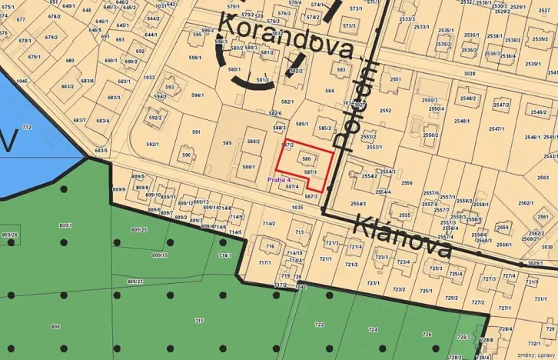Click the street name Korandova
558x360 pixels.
pyautogui.click(x=286, y=35)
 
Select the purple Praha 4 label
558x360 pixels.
pyautogui.click(x=278, y=179)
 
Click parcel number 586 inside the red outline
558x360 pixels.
pyautogui.click(x=306, y=158)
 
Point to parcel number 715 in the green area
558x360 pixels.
pyautogui.click(x=199, y=320)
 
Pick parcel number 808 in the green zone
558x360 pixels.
pyautogui.click(x=55, y=327)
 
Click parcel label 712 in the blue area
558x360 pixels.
pyautogui.click(x=27, y=127)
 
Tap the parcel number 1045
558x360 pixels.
pyautogui.click(x=22, y=81)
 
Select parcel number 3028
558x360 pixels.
pyautogui.click(x=469, y=74)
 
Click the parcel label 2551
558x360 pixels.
pyautogui.click(x=395, y=79)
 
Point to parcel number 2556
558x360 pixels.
pyautogui.click(x=407, y=183)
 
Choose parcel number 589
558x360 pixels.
pyautogui.click(x=227, y=143)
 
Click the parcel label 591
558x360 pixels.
pyautogui.click(x=196, y=132)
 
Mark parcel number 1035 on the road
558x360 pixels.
pyautogui.click(x=297, y=207)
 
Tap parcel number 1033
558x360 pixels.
pyautogui.click(x=148, y=77)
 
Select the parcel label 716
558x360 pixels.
pyautogui.click(x=270, y=246)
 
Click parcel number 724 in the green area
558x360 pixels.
pyautogui.click(x=373, y=329)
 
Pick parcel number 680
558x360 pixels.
pyautogui.click(x=70, y=61)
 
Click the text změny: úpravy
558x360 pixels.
pyautogui.click(x=536, y=355)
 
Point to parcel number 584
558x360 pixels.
pyautogui.click(x=330, y=91)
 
